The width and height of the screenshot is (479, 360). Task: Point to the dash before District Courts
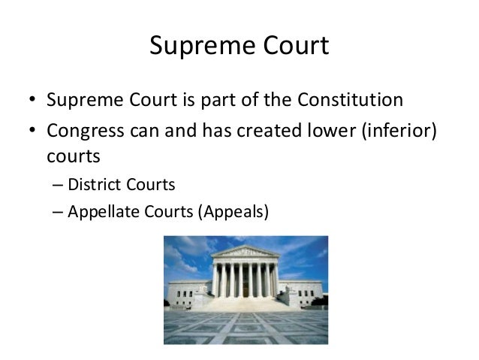[59, 185]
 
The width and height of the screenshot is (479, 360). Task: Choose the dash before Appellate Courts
[59, 212]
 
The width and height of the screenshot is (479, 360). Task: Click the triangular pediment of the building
[245, 252]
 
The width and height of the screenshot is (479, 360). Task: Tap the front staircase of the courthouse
[245, 303]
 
